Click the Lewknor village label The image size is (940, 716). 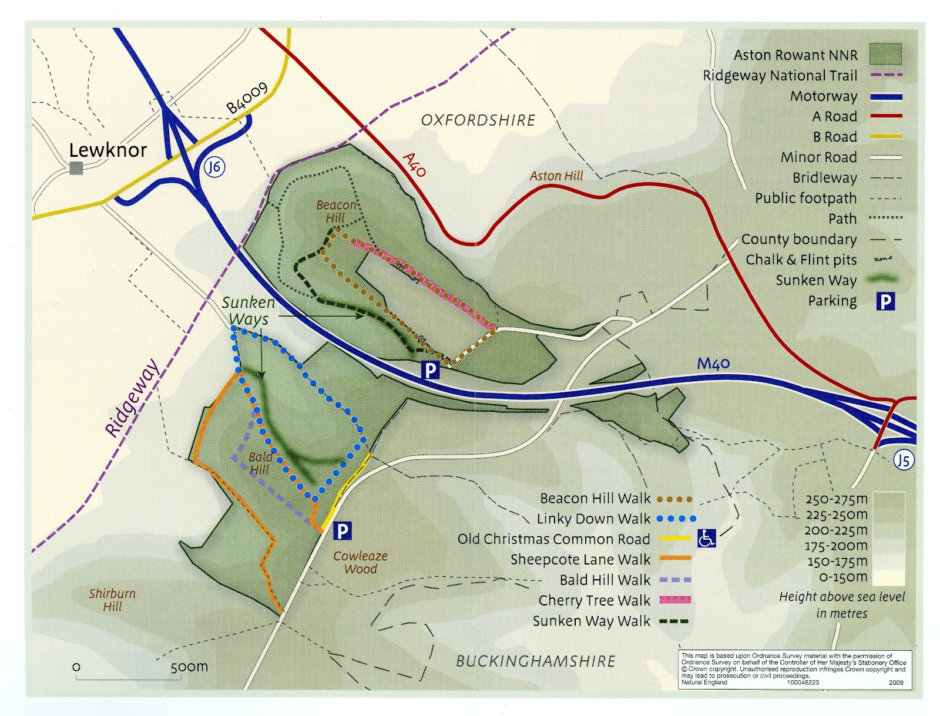click(108, 150)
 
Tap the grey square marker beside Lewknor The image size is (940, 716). click(76, 169)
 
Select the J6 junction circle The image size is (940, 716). click(215, 167)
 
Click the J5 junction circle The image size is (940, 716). click(904, 460)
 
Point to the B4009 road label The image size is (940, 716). click(247, 98)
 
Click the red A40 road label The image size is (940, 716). click(414, 165)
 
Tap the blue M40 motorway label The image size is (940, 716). click(713, 364)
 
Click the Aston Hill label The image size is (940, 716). click(556, 176)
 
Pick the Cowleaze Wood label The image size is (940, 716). click(361, 562)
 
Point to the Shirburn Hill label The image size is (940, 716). click(112, 600)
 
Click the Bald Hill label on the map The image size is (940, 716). click(260, 463)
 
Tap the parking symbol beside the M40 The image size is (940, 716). click(431, 370)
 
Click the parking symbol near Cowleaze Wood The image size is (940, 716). click(342, 532)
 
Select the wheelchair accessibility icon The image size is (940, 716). click(706, 538)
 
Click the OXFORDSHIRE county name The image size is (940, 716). click(478, 120)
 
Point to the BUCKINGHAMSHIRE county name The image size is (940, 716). click(536, 661)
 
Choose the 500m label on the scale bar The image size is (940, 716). click(189, 667)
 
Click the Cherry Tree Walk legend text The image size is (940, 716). click(595, 601)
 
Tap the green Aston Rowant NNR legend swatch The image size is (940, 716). click(885, 55)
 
